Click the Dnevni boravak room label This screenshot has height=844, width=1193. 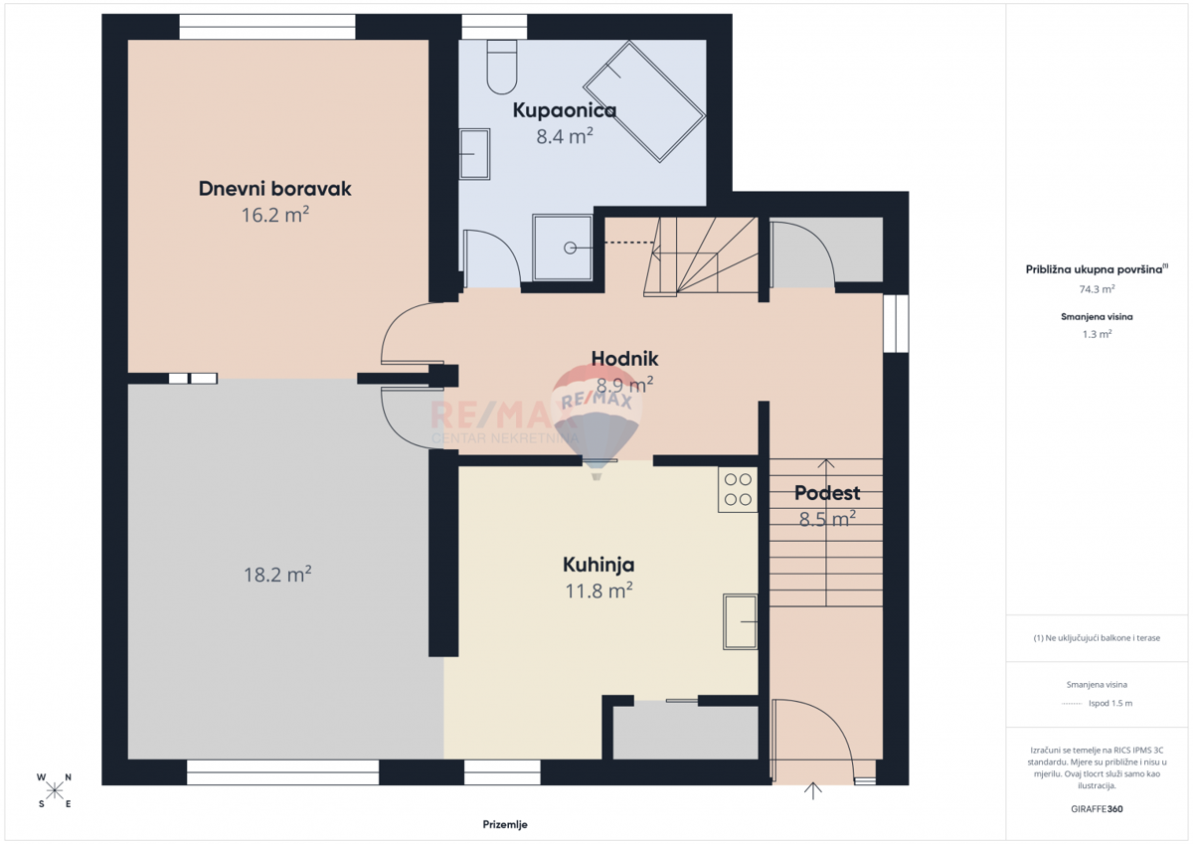point(275,188)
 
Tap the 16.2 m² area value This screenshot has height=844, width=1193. point(275,214)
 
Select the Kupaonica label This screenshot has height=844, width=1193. point(564,110)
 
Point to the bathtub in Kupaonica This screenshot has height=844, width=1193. point(644,101)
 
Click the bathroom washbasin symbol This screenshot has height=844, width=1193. point(476,153)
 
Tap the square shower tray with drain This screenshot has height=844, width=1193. point(565,248)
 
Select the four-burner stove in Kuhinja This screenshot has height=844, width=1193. point(738,489)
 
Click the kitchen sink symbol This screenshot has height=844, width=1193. point(740,621)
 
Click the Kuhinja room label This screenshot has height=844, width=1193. point(598,565)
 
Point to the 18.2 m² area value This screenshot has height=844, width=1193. point(277,575)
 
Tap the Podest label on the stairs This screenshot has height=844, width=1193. point(827,493)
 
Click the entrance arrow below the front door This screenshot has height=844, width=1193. point(814,792)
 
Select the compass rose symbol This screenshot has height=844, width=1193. point(55,790)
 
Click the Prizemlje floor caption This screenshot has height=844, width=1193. point(505,824)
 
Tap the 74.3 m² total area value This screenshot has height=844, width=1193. point(1097,289)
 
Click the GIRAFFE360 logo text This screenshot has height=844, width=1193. point(1097,808)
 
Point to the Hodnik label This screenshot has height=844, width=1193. point(624,358)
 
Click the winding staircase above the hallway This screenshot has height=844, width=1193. point(696,256)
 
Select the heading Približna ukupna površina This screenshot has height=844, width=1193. point(1095,269)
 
